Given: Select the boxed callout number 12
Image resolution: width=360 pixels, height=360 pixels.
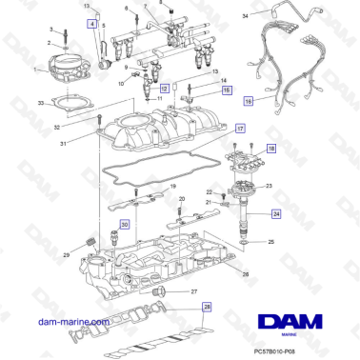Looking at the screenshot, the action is click(x=163, y=88).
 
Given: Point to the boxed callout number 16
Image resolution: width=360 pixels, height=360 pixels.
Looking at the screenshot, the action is click(x=249, y=100).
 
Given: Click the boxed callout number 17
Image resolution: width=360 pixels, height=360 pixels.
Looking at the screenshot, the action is click(x=240, y=128).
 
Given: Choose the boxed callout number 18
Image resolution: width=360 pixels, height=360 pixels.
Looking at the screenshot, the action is click(x=270, y=150).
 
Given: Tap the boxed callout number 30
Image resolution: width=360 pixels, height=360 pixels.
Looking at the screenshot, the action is click(x=124, y=222).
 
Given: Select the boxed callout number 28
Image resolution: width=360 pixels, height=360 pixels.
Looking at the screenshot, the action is click(x=208, y=308).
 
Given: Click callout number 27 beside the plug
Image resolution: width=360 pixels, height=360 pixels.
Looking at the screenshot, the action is click(x=194, y=291).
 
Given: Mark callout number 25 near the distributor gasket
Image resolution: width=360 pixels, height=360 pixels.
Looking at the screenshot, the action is click(x=270, y=243).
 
